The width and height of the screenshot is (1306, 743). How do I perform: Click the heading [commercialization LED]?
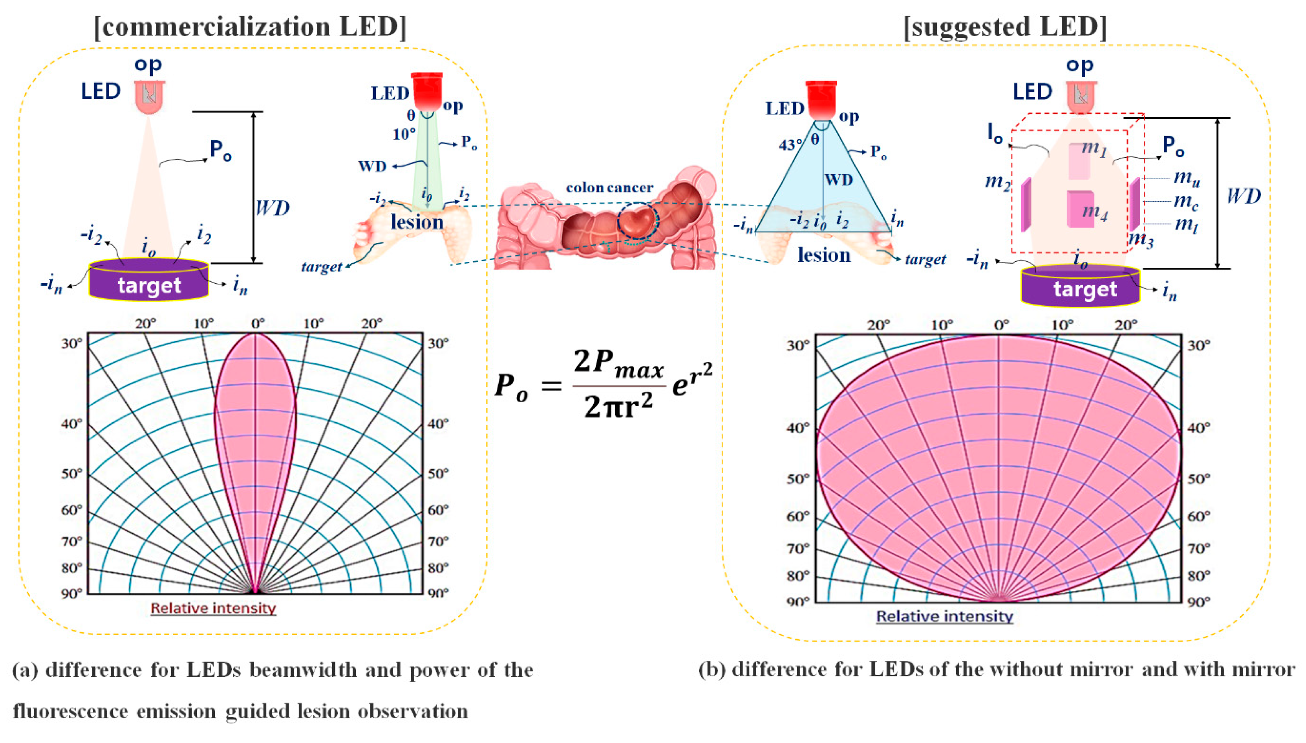250,26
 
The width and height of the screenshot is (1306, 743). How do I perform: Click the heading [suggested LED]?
1005,26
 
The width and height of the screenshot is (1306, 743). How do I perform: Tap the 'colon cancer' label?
610,188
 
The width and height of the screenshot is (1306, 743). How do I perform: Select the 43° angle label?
789,145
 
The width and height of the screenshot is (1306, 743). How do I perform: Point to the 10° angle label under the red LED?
403,134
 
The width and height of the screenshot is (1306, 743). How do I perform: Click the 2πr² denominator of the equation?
619,407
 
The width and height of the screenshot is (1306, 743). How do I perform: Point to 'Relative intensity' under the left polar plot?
213,608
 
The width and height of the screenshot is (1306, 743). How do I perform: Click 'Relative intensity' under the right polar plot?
945,617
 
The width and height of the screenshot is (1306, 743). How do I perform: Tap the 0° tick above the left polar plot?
258,324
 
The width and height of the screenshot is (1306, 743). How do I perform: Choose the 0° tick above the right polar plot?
1001,325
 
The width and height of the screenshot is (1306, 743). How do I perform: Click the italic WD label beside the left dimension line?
272,208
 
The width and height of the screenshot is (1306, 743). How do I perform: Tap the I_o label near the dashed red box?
995,134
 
